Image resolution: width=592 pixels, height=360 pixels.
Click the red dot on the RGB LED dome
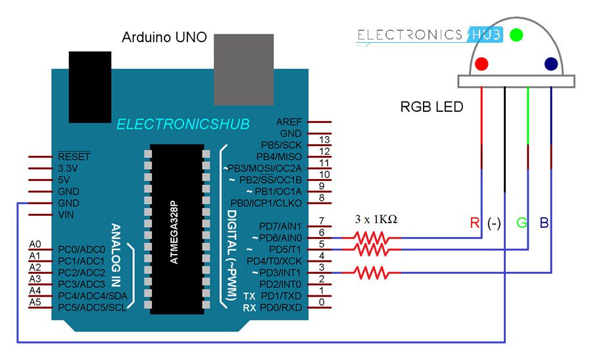click(x=482, y=64)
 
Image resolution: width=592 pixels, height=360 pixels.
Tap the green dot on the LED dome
click(x=516, y=34)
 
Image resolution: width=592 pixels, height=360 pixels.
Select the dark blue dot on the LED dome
click(x=551, y=64)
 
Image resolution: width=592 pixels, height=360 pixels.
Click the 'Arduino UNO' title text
click(x=164, y=38)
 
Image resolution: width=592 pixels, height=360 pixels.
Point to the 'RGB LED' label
click(x=432, y=107)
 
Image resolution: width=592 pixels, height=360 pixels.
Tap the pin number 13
click(x=323, y=140)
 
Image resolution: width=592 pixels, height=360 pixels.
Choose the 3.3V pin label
click(x=69, y=168)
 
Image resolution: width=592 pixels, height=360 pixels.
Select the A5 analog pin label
click(x=36, y=302)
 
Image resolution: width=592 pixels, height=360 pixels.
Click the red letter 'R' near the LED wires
click(x=475, y=223)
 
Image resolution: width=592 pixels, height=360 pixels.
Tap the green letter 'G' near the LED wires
click(x=522, y=223)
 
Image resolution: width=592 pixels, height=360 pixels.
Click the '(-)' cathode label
click(x=495, y=223)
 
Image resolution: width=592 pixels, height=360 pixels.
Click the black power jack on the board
click(x=89, y=86)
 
